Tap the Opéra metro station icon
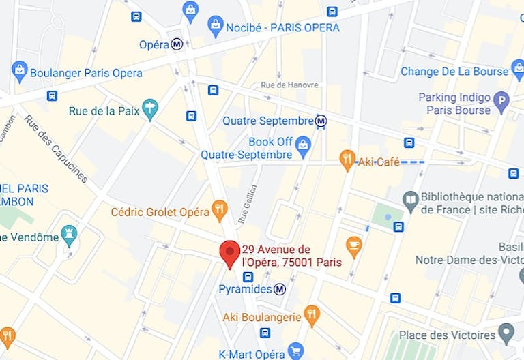pyautogui.click(x=177, y=44)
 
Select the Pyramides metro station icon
pyautogui.click(x=280, y=289)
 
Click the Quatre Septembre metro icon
pyautogui.click(x=321, y=121)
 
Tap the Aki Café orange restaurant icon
pyautogui.click(x=347, y=160)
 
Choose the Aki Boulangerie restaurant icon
pyautogui.click(x=312, y=315)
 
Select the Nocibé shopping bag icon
pyautogui.click(x=216, y=27)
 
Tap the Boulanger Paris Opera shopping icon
pyautogui.click(x=20, y=71)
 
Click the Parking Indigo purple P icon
pyautogui.click(x=501, y=102)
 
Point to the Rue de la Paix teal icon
pyautogui.click(x=149, y=109)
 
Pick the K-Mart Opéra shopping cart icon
pyautogui.click(x=295, y=351)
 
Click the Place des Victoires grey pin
pyautogui.click(x=506, y=334)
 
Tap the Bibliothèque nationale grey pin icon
pyautogui.click(x=410, y=200)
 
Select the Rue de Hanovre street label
pyautogui.click(x=290, y=85)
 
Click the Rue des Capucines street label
pyautogui.click(x=56, y=148)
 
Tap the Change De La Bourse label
pyautogui.click(x=454, y=72)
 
